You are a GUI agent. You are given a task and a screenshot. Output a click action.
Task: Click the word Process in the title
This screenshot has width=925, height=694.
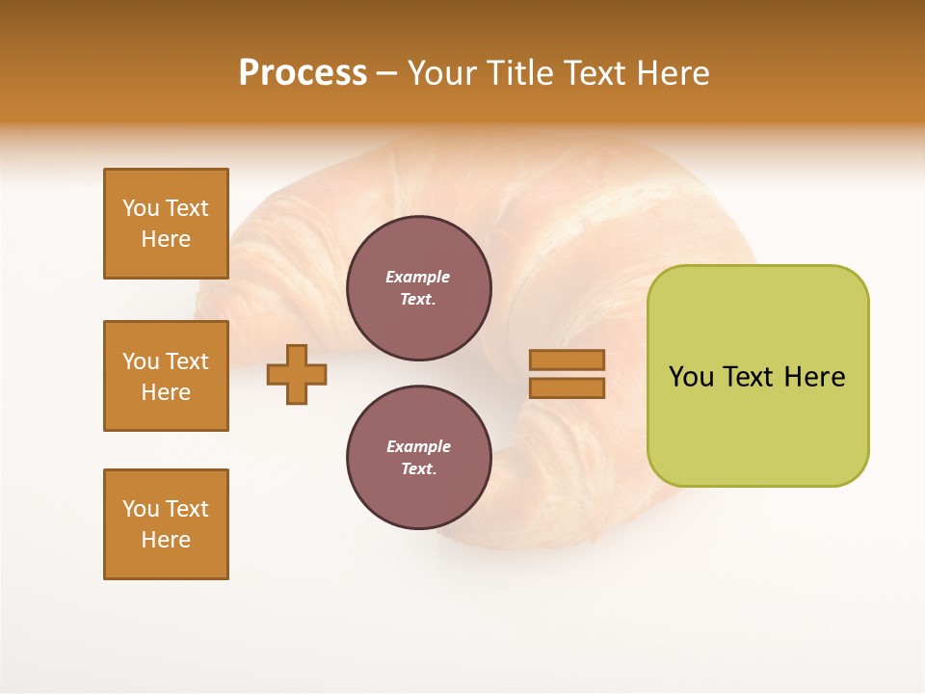coord(303,73)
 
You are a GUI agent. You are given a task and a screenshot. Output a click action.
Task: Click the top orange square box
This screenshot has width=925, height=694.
coord(166,224)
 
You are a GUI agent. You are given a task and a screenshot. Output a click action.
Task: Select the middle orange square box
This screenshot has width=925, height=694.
coord(166,376)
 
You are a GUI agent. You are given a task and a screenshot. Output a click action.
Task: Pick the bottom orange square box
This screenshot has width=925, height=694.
coord(166,524)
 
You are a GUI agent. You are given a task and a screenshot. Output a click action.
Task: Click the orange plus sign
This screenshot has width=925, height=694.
coord(297,374)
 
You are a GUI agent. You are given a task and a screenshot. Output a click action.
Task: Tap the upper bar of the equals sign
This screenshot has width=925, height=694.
coord(568,360)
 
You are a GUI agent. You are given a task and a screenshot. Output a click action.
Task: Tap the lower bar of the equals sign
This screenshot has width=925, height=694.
coord(568,388)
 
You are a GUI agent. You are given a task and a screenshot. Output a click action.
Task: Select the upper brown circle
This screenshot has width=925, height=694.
coord(419,288)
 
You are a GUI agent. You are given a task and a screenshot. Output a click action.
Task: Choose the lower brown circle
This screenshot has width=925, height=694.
coord(419,458)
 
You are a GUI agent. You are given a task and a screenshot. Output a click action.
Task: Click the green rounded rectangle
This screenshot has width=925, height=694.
coord(757,376)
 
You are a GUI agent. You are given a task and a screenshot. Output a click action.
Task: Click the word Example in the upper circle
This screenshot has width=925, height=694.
coord(418,277)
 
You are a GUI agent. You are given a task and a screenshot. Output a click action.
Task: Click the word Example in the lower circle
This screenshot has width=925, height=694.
coord(418,446)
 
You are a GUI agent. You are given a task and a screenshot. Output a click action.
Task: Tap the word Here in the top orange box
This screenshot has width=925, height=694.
coord(166,239)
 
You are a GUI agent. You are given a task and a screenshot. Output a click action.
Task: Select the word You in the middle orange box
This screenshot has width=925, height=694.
coord(141,361)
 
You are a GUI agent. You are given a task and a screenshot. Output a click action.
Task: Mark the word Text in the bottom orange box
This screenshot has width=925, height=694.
coord(186,509)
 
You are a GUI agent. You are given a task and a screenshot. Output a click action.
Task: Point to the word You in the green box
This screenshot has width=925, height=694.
coord(691,377)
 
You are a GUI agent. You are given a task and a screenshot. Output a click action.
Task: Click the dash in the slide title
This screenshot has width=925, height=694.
coord(387,73)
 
